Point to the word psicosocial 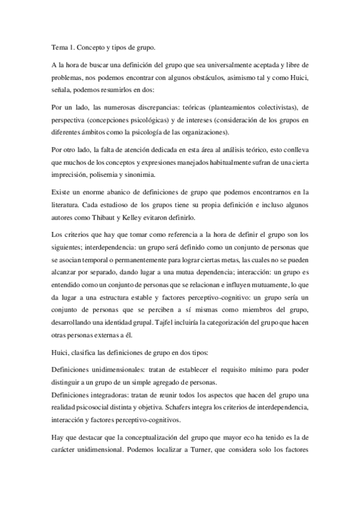(101, 408)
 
